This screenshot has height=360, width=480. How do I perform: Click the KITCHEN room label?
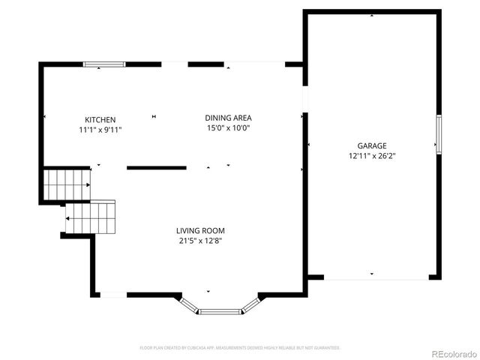click(x=100, y=120)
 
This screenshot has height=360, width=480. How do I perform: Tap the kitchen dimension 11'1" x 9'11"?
click(x=100, y=130)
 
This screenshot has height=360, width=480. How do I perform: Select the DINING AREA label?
click(x=228, y=118)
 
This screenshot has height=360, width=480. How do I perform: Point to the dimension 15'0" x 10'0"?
click(x=228, y=128)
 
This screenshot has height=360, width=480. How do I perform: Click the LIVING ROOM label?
click(x=200, y=231)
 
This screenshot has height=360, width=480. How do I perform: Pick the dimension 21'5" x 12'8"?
click(x=200, y=241)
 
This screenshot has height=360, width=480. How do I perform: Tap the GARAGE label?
click(x=371, y=146)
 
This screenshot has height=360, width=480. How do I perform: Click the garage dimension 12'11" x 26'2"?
click(x=371, y=157)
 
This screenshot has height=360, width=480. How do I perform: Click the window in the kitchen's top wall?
click(x=104, y=65)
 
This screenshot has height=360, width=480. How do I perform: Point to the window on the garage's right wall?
click(x=439, y=133)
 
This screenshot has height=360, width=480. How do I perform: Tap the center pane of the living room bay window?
click(x=220, y=311)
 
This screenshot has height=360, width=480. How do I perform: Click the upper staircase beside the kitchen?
click(x=66, y=184)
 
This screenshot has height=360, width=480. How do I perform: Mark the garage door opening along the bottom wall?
click(x=376, y=278)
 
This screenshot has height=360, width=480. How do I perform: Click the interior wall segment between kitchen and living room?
click(x=156, y=168)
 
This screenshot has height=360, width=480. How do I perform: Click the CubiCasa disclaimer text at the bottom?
click(x=240, y=348)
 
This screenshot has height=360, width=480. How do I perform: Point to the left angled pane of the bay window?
click(x=190, y=304)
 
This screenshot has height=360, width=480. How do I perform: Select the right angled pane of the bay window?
click(x=251, y=304)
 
